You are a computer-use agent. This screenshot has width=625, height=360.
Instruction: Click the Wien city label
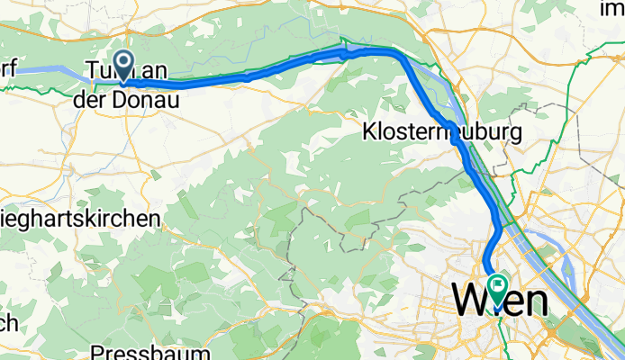(x=500, y=300)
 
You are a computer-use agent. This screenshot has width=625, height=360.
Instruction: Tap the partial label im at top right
(x=613, y=8)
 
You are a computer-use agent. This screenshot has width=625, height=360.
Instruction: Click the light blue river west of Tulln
(x=41, y=69)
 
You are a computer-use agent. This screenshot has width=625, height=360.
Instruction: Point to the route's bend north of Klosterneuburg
(x=396, y=56)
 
